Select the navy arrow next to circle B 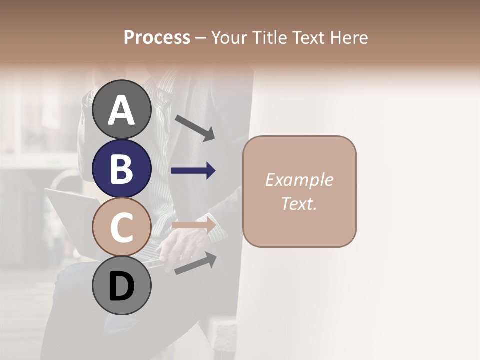pos(193,171)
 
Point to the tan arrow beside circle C pos(193,225)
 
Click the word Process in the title pos(157,37)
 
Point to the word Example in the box pos(299,180)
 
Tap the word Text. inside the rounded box pos(299,203)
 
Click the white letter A pos(121,110)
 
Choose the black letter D pos(121,287)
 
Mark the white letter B pos(121,169)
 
